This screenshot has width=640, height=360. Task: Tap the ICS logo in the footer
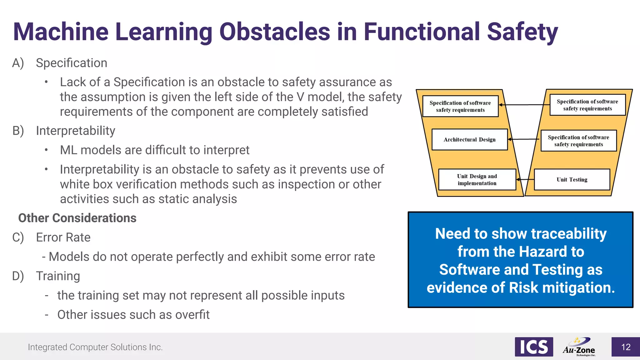click(x=534, y=347)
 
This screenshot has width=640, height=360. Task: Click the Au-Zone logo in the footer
click(x=579, y=347)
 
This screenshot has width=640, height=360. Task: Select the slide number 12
click(x=626, y=347)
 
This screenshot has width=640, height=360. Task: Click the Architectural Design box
click(x=469, y=139)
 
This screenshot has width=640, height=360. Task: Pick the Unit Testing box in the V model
click(x=572, y=179)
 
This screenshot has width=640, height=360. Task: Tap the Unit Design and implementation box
click(x=477, y=179)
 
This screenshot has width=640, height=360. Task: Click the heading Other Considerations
click(x=77, y=218)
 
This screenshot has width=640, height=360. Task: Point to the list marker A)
click(x=18, y=63)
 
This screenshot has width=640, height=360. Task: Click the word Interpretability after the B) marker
click(x=75, y=131)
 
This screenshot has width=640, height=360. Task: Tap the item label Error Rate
click(x=63, y=237)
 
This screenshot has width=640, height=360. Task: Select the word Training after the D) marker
click(x=58, y=276)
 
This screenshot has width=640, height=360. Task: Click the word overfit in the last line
click(x=192, y=315)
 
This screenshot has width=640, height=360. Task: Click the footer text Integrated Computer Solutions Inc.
click(x=95, y=347)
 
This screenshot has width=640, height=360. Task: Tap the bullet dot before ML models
click(x=46, y=150)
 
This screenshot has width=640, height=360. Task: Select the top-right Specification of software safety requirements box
click(x=587, y=105)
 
